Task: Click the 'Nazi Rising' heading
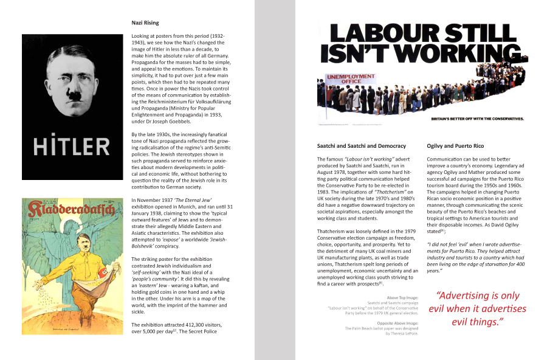coord(145,23)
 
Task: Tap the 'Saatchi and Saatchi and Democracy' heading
coord(362,146)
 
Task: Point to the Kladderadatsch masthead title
coord(67,211)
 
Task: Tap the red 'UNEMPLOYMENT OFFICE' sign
coord(345,80)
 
